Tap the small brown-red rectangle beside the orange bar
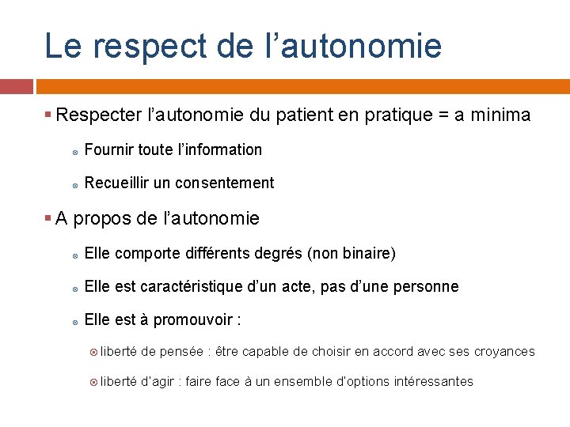coord(16,86)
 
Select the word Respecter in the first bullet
coord(100,115)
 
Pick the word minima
coord(500,115)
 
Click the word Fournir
coord(108,149)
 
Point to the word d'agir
coord(158,381)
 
